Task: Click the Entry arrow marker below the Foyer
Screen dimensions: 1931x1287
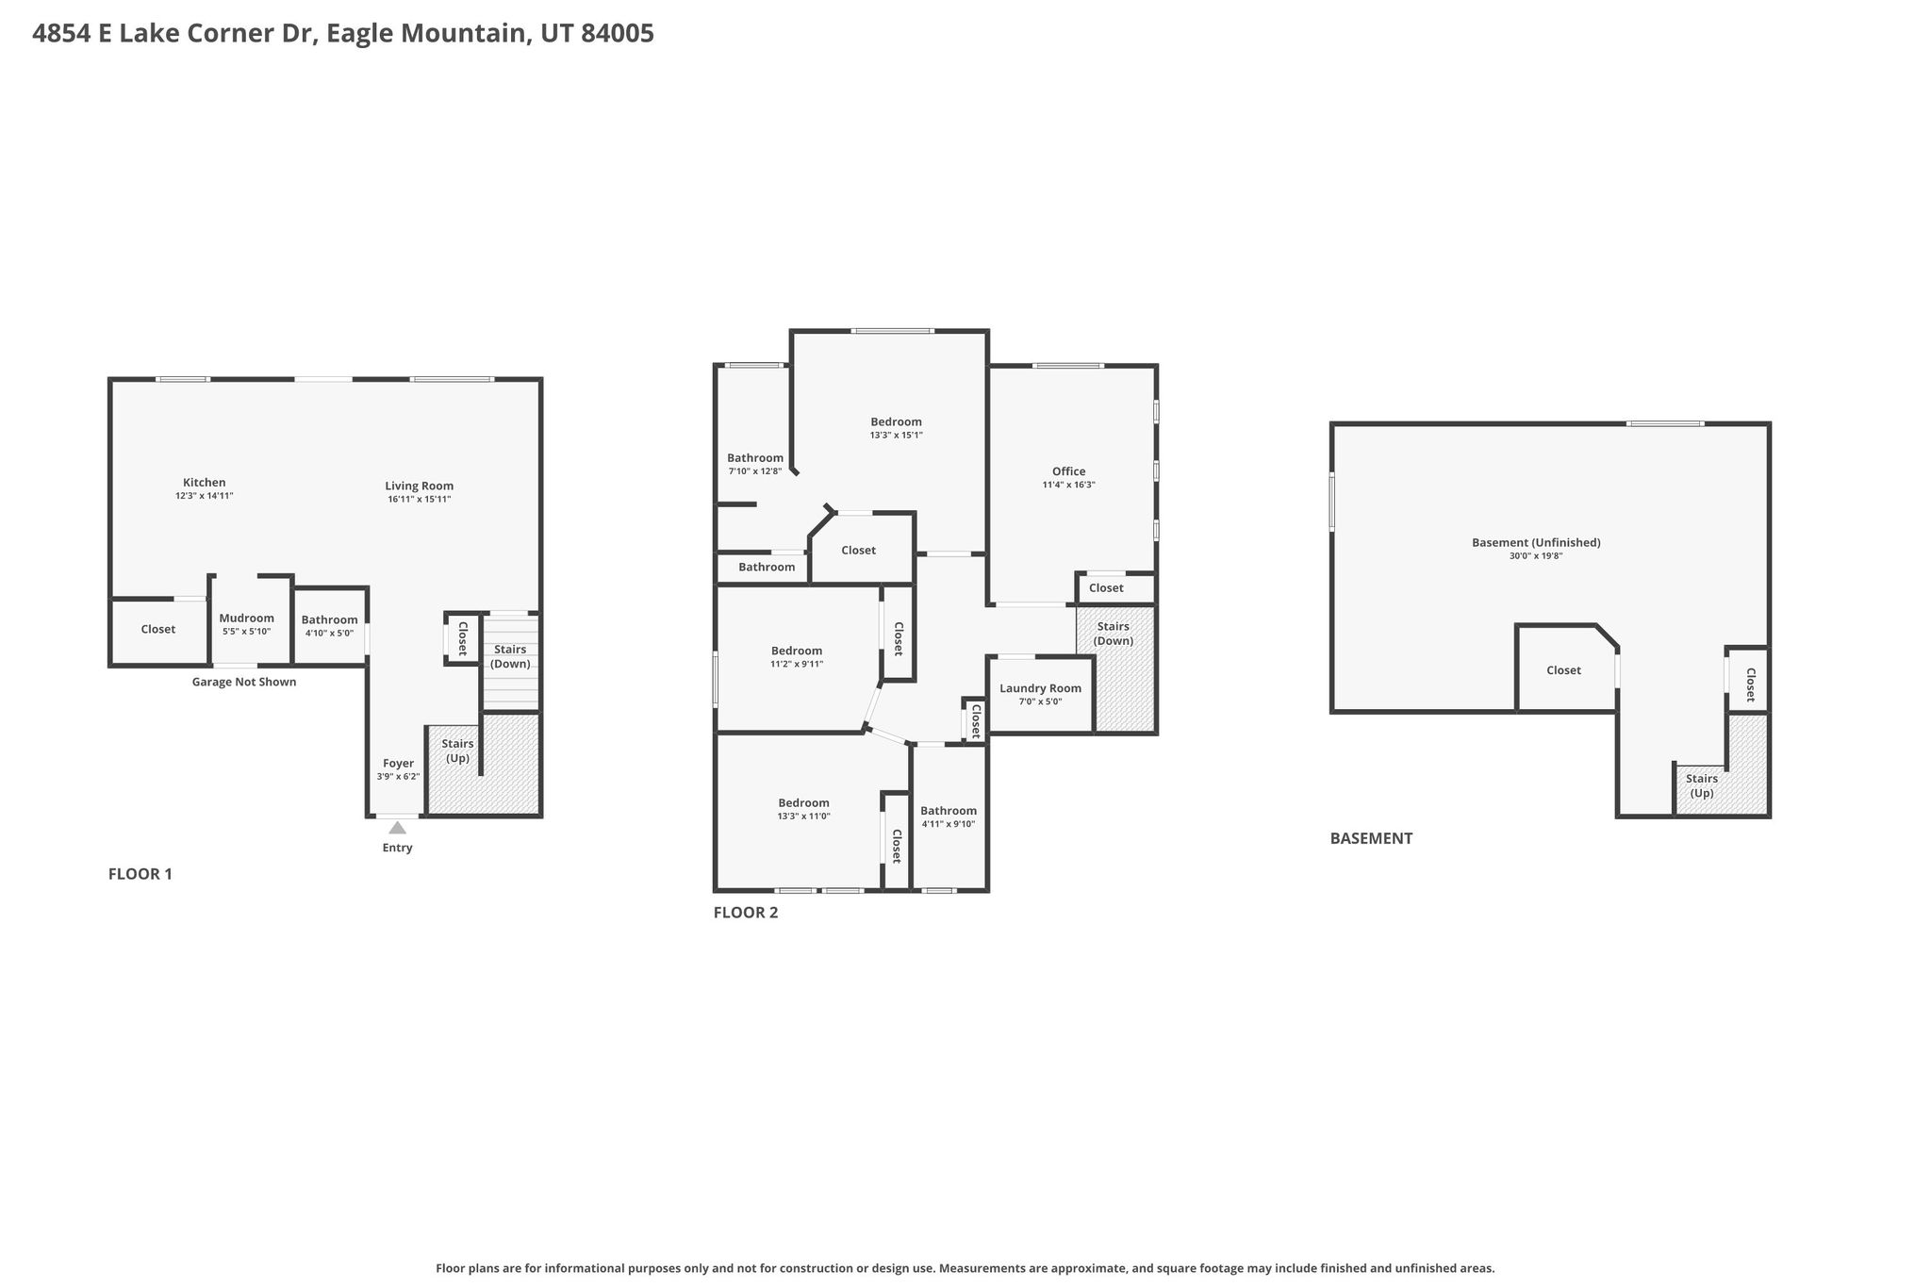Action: click(398, 828)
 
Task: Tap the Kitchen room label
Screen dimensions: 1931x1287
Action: click(205, 483)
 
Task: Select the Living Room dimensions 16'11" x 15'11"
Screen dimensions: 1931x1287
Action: click(420, 499)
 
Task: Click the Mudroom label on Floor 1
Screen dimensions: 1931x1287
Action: click(247, 619)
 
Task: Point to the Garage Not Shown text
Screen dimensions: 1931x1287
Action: click(244, 682)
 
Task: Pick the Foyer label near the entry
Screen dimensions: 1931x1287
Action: click(398, 764)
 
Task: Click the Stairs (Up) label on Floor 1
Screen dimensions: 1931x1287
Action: click(457, 751)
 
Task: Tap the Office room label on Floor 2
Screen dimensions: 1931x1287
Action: click(1069, 471)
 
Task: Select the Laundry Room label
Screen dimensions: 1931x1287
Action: click(1041, 688)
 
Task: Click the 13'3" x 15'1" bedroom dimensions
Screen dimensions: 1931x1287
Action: click(896, 436)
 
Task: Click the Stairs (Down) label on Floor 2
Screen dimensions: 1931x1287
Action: click(1114, 634)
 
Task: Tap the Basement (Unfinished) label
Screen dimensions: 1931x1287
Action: click(1536, 542)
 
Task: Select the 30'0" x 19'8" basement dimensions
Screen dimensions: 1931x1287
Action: click(1536, 556)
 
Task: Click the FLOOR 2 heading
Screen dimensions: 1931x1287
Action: click(746, 913)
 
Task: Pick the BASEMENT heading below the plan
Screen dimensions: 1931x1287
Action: click(1371, 838)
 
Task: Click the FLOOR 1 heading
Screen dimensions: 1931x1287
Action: click(140, 874)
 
